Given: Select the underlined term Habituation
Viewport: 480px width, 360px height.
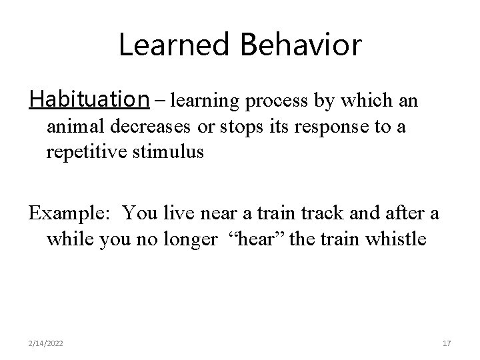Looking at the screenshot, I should (x=89, y=99).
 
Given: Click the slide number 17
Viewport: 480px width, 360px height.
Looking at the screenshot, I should (x=447, y=343).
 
